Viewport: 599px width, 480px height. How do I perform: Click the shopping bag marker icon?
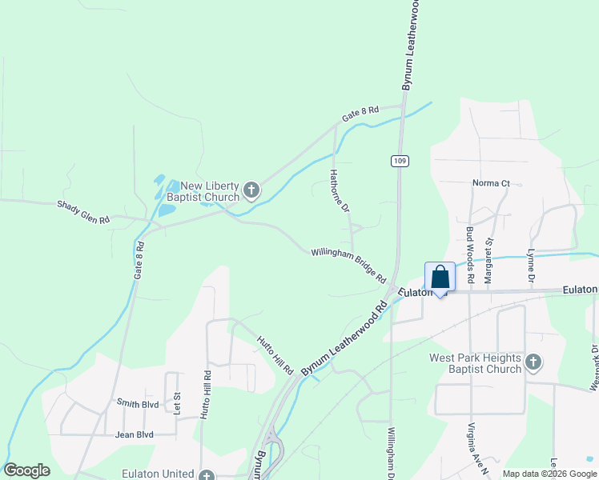tap(440, 277)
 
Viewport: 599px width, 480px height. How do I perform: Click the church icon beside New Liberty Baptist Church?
tap(251, 190)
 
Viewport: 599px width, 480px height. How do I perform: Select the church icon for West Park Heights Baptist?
tap(533, 364)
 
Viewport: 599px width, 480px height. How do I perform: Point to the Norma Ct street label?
tap(491, 183)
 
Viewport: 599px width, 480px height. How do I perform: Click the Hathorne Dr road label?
tap(340, 190)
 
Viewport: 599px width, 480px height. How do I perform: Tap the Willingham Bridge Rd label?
tap(349, 265)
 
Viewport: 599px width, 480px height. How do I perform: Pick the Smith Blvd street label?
tap(138, 403)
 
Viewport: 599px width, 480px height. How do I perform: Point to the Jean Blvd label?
tap(134, 435)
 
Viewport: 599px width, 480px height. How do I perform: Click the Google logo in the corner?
tap(26, 470)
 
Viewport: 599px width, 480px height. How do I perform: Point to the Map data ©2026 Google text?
tap(549, 474)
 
